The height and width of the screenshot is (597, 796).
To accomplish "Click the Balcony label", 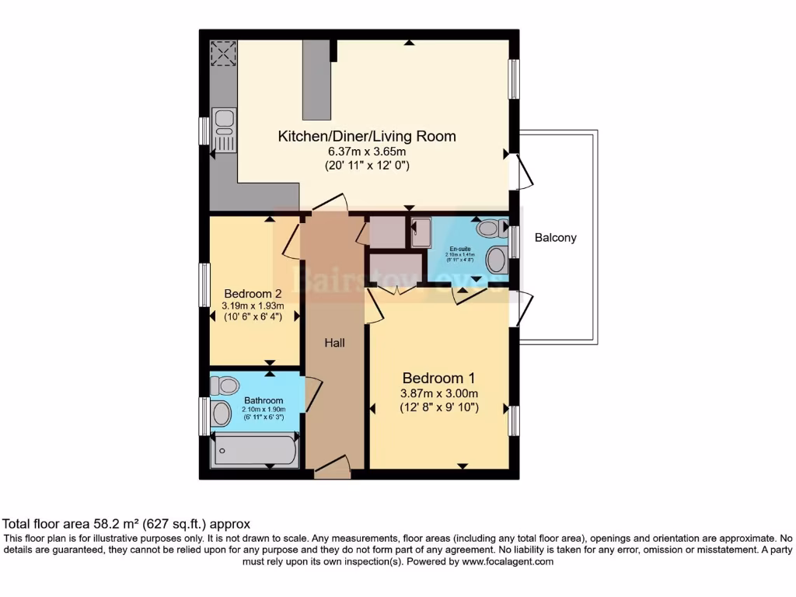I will (555, 238).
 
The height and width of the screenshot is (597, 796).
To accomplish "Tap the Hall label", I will (334, 342).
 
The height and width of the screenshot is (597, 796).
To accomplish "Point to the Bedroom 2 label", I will (253, 294).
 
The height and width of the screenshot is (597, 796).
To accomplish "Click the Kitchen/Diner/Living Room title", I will (367, 137).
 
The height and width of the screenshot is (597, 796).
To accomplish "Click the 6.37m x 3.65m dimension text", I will (367, 152).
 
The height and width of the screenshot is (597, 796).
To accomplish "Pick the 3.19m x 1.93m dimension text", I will (254, 305).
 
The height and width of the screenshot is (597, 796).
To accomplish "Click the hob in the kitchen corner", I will (223, 54).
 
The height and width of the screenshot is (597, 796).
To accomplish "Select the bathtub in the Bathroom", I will (255, 452).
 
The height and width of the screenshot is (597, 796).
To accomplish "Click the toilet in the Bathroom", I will (225, 386).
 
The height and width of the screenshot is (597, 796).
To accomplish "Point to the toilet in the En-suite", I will (490, 229).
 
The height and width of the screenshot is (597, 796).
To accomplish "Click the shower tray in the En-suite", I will (420, 233).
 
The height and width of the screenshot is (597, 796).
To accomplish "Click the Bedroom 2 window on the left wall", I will (204, 285).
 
